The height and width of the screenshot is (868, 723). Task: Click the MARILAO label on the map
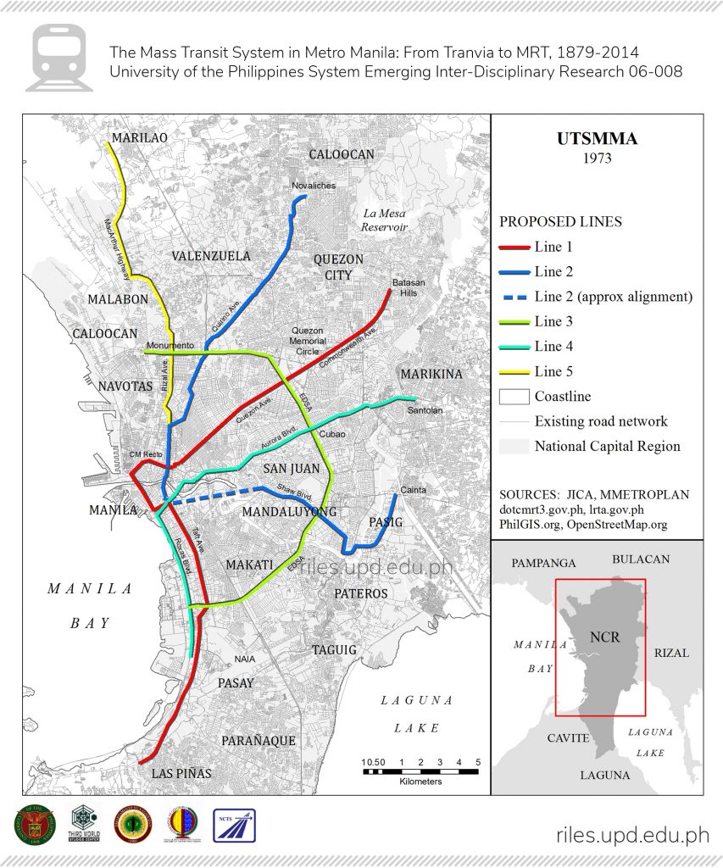139,137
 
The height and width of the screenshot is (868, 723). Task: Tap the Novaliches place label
314,186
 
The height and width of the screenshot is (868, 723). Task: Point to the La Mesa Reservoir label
384,220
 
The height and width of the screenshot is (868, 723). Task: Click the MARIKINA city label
431,374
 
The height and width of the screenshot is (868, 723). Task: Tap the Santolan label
425,410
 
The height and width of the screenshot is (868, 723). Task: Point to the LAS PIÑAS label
181,774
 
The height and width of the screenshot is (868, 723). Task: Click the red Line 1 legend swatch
514,248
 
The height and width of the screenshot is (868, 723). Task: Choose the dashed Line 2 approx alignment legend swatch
514,298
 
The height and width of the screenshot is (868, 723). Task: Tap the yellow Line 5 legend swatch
514,371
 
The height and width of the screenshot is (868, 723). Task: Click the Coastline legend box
514,396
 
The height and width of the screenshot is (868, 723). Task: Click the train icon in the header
59,57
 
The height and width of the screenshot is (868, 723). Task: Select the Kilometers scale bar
420,771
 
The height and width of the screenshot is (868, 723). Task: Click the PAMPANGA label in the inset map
542,563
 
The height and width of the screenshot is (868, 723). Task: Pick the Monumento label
170,346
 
